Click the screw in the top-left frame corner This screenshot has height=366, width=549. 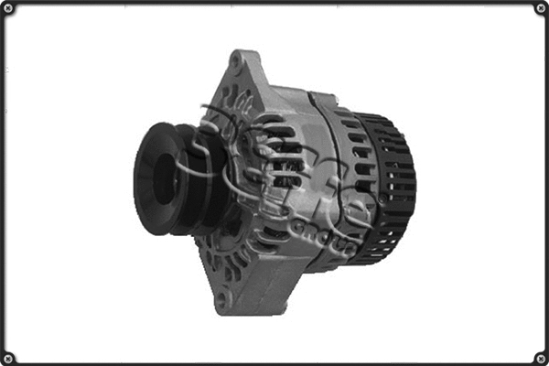8,9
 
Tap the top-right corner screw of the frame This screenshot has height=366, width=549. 540,9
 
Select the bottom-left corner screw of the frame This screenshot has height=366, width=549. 8,357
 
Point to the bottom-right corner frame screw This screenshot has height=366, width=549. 540,357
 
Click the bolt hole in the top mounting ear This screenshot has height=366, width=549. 237,62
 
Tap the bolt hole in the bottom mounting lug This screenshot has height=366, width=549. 220,299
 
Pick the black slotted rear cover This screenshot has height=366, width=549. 389,188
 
